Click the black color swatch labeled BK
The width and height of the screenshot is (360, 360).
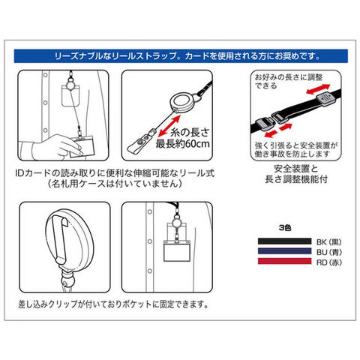click(284, 241)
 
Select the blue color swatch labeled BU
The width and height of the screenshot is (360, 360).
click(284, 251)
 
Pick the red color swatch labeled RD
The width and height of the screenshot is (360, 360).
click(284, 261)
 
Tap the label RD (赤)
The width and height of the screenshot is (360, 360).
click(328, 262)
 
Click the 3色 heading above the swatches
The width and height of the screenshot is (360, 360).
click(285, 228)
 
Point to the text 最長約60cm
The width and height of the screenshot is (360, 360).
click(183, 144)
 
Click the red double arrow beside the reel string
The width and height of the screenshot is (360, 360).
click(169, 126)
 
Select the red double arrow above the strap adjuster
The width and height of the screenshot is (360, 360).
click(318, 89)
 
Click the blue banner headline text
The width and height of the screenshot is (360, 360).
click(187, 55)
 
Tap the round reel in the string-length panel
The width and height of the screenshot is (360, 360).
click(182, 103)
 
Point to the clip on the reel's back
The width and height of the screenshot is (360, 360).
click(59, 239)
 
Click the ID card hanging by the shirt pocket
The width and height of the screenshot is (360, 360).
click(177, 250)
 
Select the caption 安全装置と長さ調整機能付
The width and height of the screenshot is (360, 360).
click(296, 174)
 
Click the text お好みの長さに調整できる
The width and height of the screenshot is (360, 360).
click(289, 81)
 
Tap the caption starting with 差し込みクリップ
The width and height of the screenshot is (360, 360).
click(113, 304)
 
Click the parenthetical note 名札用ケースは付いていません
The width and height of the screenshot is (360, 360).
click(115, 184)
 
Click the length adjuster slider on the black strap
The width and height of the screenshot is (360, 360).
click(325, 99)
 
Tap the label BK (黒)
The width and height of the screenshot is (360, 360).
click(328, 242)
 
